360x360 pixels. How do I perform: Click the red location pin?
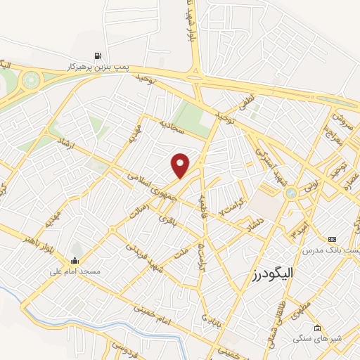tap(181, 165)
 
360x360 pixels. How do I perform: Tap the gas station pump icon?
tap(97, 56)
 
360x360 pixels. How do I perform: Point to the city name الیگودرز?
tap(274, 272)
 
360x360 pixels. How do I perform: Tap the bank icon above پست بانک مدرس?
tap(332, 239)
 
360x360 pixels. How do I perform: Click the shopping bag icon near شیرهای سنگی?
tap(318, 328)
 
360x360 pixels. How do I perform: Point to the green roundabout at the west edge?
tap(30, 79)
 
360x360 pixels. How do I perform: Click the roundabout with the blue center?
tap(289, 193)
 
